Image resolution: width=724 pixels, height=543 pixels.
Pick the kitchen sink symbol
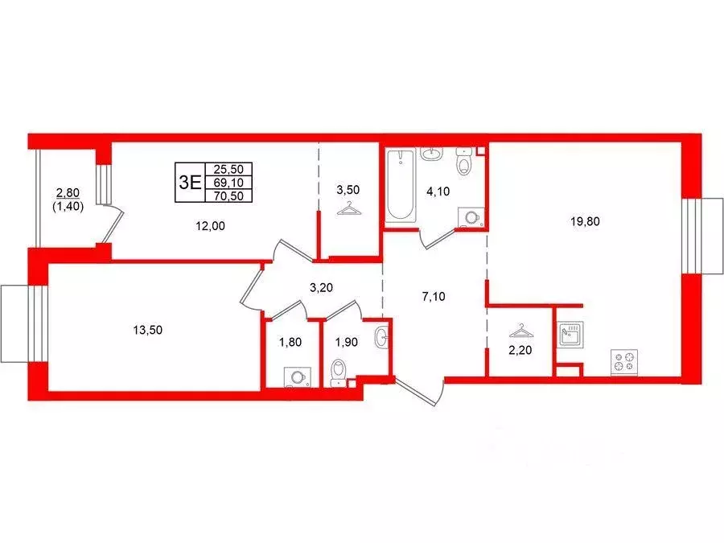pyautogui.click(x=570, y=333)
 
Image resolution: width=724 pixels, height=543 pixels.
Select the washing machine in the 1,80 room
pyautogui.click(x=296, y=376)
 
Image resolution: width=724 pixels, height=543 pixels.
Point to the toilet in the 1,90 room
pyautogui.click(x=339, y=372)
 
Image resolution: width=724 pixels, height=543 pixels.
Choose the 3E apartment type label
pyautogui.click(x=190, y=180)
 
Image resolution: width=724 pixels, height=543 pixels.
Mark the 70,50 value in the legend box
pyautogui.click(x=229, y=195)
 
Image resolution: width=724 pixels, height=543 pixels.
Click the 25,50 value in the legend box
pyautogui.click(x=229, y=168)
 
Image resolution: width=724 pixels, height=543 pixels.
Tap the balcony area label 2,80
pyautogui.click(x=68, y=192)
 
